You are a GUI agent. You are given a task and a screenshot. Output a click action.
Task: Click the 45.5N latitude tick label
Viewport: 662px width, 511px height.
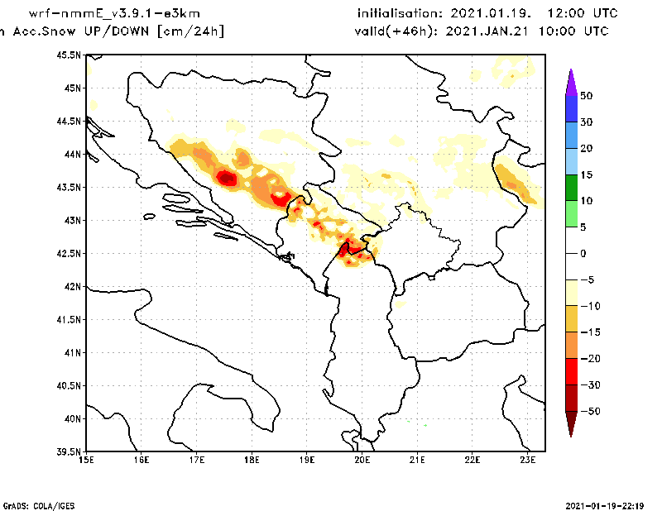tap(69, 55)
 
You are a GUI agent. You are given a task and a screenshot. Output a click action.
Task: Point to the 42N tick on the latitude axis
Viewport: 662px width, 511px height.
tap(71, 286)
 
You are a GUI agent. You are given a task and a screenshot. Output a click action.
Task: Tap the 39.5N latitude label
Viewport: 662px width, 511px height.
tap(69, 452)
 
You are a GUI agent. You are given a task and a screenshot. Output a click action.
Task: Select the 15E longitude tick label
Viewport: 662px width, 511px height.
tap(86, 460)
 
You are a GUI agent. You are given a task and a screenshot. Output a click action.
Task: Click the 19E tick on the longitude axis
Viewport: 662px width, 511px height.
tap(307, 460)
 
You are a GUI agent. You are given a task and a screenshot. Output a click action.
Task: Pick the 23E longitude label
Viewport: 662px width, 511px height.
tap(528, 460)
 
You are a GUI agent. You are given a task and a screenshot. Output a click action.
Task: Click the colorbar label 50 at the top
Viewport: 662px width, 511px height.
tap(586, 95)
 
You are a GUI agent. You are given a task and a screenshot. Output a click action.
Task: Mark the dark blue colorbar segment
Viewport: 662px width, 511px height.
tap(571, 108)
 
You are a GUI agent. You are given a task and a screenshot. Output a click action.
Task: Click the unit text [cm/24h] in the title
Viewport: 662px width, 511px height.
tap(190, 31)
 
